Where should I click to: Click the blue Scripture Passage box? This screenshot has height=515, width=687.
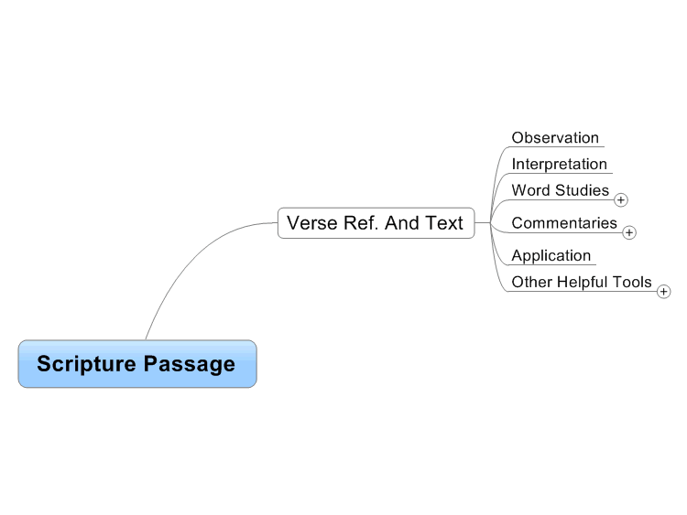tap(137, 363)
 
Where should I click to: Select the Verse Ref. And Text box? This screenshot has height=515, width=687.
tap(376, 223)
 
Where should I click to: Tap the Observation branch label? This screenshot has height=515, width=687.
tap(555, 138)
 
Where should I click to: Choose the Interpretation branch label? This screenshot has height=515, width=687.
tap(559, 164)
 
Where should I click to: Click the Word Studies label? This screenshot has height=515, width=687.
tap(561, 190)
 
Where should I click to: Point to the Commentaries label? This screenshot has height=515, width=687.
tap(564, 223)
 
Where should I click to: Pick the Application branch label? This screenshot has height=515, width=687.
tap(551, 255)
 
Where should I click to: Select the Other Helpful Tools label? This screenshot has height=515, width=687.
tap(582, 283)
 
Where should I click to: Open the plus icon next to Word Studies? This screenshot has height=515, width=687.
tap(620, 200)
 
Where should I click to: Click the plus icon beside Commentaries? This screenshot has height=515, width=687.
tap(629, 232)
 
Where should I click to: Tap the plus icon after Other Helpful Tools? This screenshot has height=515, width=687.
tap(663, 292)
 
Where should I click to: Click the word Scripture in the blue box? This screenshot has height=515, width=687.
tap(87, 364)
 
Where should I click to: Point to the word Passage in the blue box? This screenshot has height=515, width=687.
tap(190, 364)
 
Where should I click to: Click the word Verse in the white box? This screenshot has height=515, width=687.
tap(312, 223)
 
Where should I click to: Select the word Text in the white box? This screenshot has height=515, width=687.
tap(443, 223)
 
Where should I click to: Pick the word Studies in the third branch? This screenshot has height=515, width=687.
tap(583, 190)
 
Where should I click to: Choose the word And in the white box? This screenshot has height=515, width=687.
tap(402, 223)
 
